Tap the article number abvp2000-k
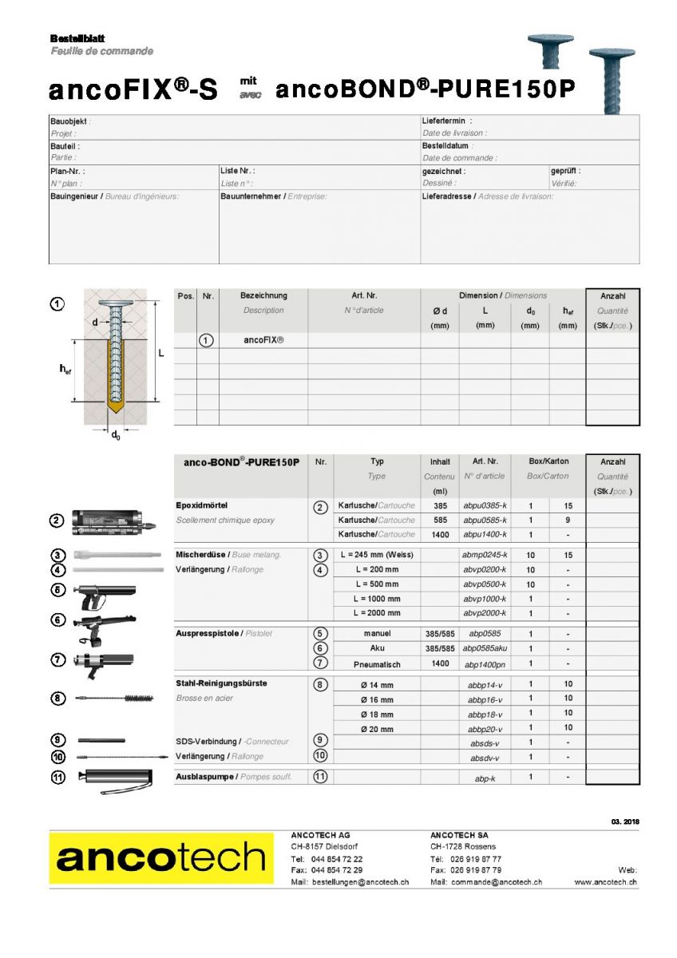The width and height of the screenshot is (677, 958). click(x=485, y=613)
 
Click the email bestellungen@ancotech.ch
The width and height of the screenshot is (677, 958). click(x=360, y=882)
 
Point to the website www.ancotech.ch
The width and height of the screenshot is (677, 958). click(x=605, y=882)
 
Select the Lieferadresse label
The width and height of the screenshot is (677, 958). click(x=448, y=196)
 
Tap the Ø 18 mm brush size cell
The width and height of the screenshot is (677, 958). click(x=377, y=714)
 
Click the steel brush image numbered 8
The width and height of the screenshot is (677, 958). click(x=115, y=698)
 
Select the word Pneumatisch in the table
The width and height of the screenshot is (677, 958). click(x=377, y=664)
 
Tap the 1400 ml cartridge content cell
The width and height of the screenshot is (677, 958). click(x=439, y=534)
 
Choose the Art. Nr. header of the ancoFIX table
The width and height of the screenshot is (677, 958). click(x=364, y=295)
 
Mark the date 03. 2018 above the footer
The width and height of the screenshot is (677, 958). click(x=624, y=821)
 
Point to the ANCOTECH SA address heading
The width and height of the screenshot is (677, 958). click(x=459, y=835)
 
